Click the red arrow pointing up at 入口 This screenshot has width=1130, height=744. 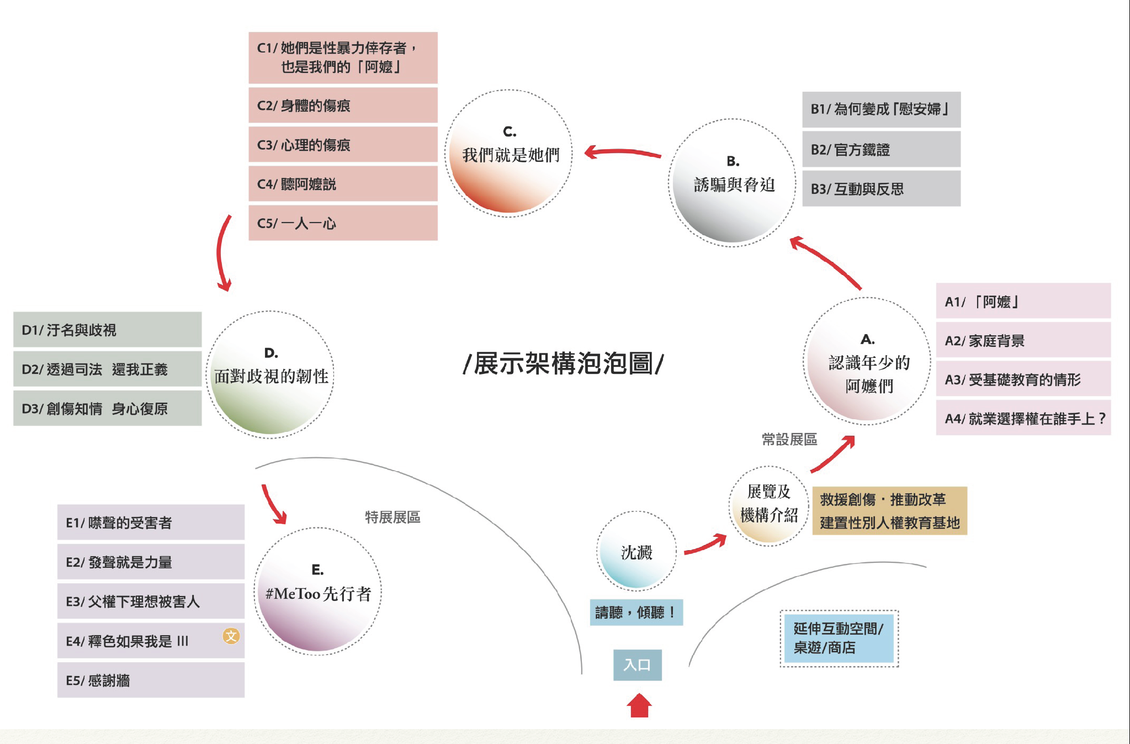click(x=639, y=705)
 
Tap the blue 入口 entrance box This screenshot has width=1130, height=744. click(x=638, y=665)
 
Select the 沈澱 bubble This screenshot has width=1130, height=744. click(x=636, y=551)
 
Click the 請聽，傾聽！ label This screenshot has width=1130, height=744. click(x=636, y=612)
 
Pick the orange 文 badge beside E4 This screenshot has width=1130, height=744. click(x=231, y=636)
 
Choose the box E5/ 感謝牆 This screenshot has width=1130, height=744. click(x=151, y=680)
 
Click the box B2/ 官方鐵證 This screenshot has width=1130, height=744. click(x=881, y=149)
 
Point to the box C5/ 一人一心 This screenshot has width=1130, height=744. click(x=343, y=223)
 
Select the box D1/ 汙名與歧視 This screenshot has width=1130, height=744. click(x=108, y=330)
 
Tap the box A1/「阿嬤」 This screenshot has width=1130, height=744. click(x=1023, y=301)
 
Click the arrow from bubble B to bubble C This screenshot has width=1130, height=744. click(x=623, y=152)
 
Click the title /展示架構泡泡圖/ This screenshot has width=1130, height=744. click(x=563, y=363)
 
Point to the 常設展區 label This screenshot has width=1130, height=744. click(x=789, y=439)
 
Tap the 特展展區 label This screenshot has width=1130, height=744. click(x=392, y=517)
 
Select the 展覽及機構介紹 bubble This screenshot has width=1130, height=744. click(x=769, y=505)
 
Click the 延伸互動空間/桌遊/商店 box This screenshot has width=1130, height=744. click(x=839, y=639)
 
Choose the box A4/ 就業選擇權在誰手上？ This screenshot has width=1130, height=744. click(x=1023, y=418)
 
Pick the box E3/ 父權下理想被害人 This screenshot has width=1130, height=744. click(x=151, y=601)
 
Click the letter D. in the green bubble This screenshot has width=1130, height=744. click(x=271, y=353)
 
